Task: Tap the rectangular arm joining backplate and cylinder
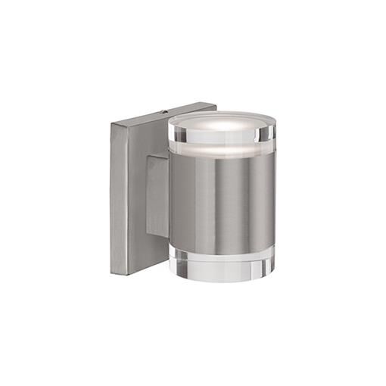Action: (x=157, y=195)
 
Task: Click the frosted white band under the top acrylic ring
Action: (x=221, y=150)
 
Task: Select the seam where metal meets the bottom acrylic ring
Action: (x=222, y=246)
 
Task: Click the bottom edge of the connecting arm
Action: (x=156, y=235)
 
